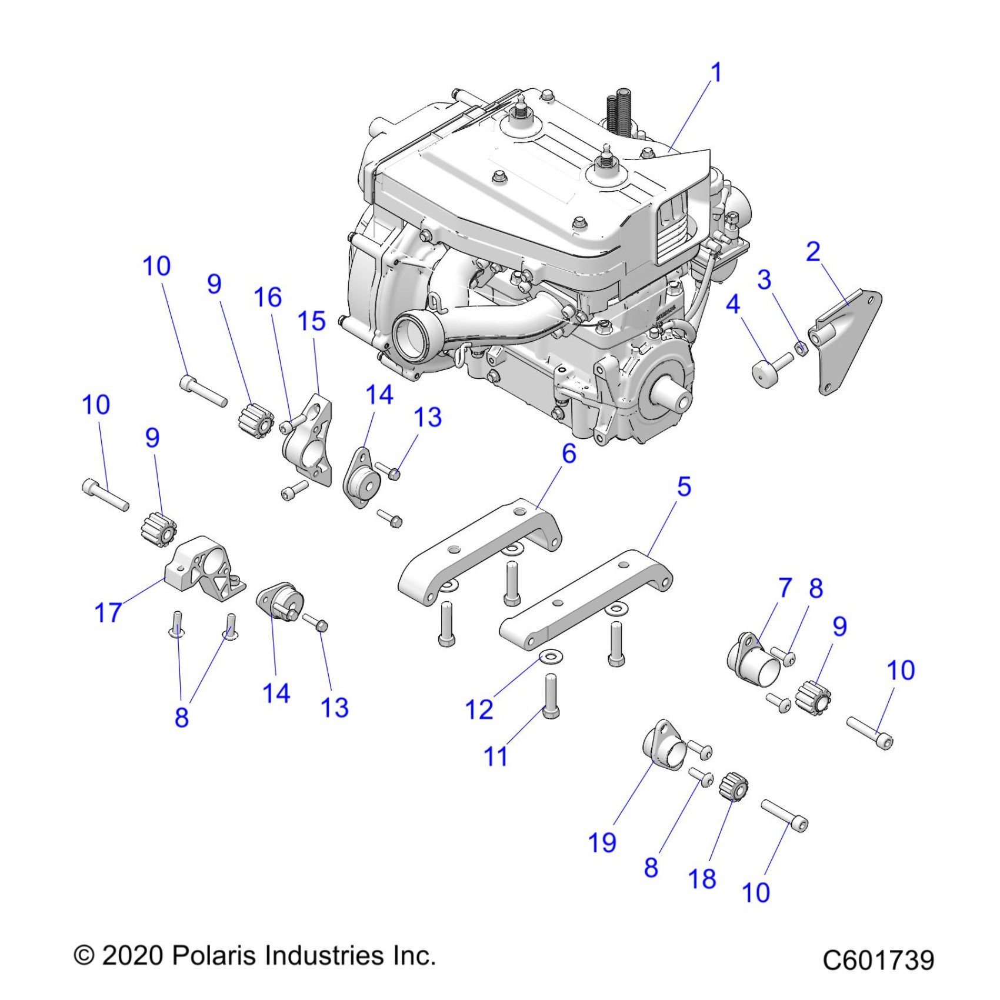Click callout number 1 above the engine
click(716, 73)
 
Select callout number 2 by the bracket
click(813, 252)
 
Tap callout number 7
click(785, 588)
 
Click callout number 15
click(311, 321)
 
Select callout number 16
click(268, 298)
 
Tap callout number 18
click(702, 879)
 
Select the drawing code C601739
click(878, 960)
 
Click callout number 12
click(479, 709)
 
